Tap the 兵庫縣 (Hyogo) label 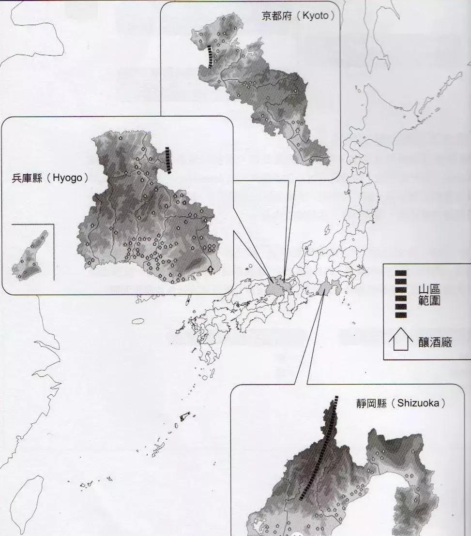coord(50,178)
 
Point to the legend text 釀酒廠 coord(432,343)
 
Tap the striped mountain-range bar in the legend coord(400,294)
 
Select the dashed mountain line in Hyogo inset coord(168,160)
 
